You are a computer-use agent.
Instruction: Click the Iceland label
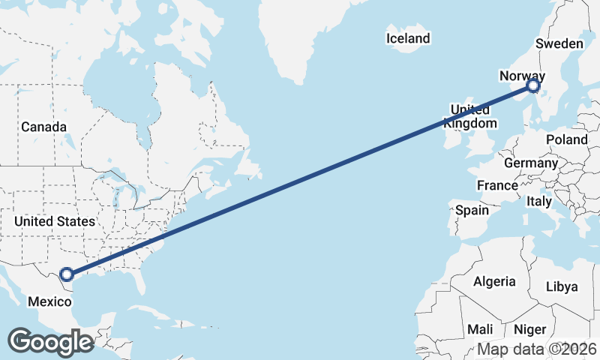408,38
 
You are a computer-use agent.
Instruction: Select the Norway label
522,76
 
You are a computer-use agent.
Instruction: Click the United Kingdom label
469,116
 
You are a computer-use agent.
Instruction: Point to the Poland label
566,139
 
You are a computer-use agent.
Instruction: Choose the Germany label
530,163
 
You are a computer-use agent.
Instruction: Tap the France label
496,185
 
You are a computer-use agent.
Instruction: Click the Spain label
472,211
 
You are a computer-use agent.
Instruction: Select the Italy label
538,201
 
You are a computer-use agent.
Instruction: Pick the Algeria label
494,281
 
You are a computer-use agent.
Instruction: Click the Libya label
562,286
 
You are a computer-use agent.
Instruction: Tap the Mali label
480,329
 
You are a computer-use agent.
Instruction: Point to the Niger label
530,329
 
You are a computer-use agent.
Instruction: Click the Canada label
43,127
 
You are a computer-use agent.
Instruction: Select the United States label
55,221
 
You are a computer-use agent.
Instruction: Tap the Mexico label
49,301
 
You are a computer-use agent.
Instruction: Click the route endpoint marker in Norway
533,86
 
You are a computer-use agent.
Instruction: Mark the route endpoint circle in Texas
67,275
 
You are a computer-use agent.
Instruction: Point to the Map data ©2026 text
536,349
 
